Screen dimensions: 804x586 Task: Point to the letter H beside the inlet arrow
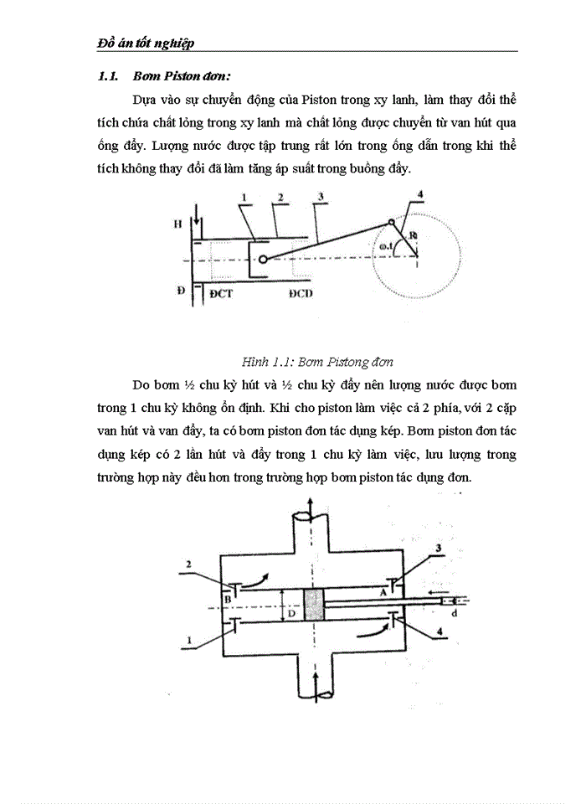tap(177, 225)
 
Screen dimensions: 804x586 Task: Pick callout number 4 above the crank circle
tap(421, 196)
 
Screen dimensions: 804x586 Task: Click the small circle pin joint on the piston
tap(263, 260)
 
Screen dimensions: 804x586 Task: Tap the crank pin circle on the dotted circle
tap(391, 222)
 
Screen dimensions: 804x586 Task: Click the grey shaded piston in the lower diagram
tap(314, 605)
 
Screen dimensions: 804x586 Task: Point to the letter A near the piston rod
tap(383, 591)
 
